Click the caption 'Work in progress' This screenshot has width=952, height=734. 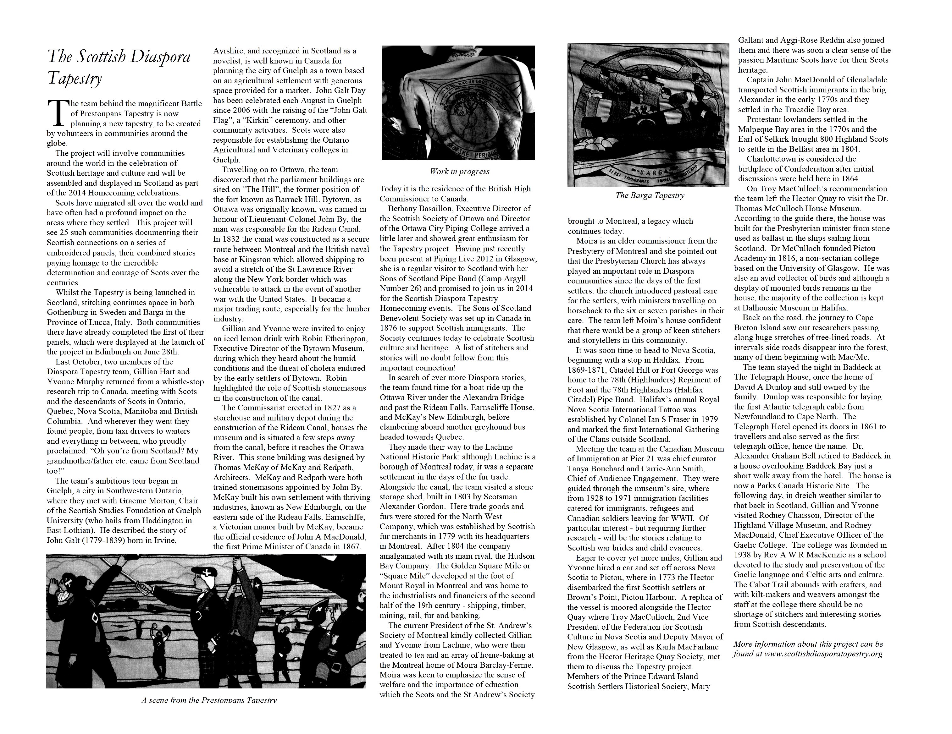[459, 171]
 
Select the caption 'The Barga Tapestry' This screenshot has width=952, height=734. [650, 195]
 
